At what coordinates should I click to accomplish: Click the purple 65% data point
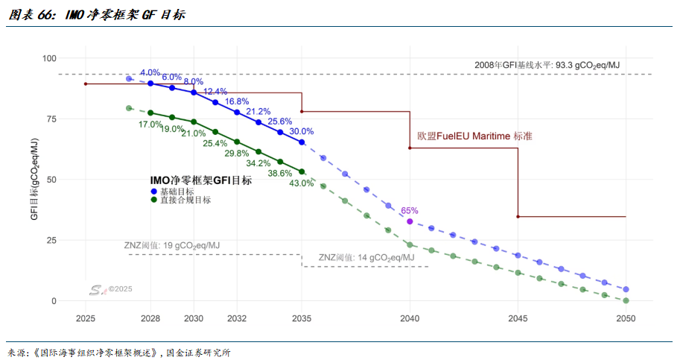click(410, 221)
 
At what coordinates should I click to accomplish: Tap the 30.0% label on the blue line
click(302, 131)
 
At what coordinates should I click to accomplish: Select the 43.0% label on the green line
click(302, 183)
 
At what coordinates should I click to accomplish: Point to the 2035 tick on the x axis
click(302, 318)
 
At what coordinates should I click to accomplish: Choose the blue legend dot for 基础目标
click(153, 192)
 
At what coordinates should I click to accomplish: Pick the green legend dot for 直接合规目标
click(153, 200)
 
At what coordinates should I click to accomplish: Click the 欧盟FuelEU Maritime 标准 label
click(474, 136)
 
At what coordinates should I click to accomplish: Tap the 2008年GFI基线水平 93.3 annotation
click(547, 66)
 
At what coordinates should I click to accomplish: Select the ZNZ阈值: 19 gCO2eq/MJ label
click(172, 245)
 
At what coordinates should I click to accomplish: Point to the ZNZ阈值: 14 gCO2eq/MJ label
click(365, 258)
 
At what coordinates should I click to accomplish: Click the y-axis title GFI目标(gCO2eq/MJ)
click(34, 179)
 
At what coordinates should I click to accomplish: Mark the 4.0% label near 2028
click(150, 72)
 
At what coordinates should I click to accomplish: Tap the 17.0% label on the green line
click(150, 124)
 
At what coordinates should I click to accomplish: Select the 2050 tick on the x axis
click(626, 318)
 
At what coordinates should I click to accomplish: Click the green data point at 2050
click(626, 300)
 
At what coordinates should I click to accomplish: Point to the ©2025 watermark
click(120, 289)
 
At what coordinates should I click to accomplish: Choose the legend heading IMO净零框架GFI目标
click(200, 180)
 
